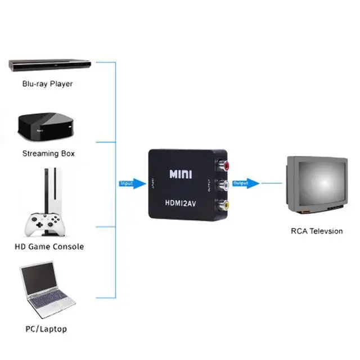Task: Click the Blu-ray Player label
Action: (47, 84)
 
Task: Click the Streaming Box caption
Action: (48, 153)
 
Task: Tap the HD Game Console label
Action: (48, 246)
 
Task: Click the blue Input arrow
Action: (132, 183)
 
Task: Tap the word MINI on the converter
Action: (181, 174)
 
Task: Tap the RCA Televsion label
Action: (317, 231)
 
